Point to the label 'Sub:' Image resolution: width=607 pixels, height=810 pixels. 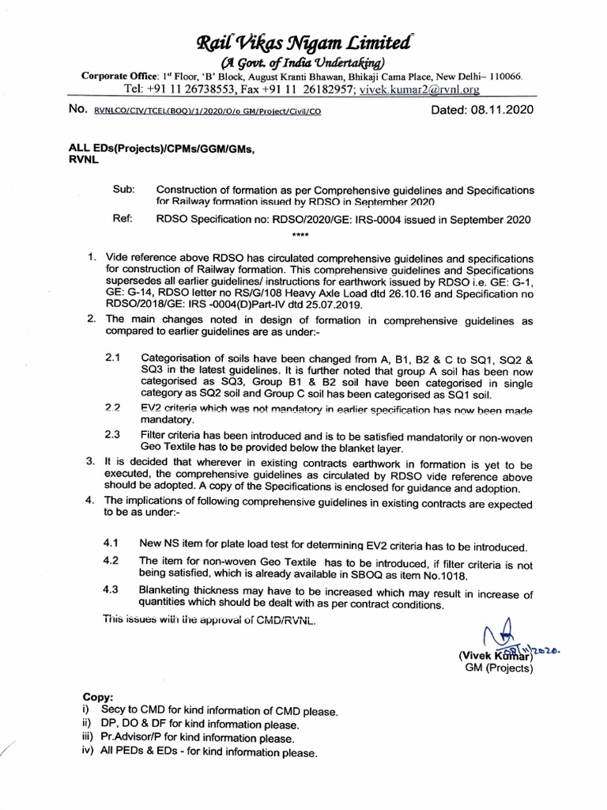tap(124, 190)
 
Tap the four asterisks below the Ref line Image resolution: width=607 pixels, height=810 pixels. tap(301, 236)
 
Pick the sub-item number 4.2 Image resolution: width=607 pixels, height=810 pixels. tap(112, 560)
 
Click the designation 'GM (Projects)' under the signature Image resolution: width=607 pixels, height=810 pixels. tap(500, 668)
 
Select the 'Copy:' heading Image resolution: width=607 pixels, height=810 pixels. tap(99, 697)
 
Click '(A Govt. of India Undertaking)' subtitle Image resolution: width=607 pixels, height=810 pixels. tap(303, 62)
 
